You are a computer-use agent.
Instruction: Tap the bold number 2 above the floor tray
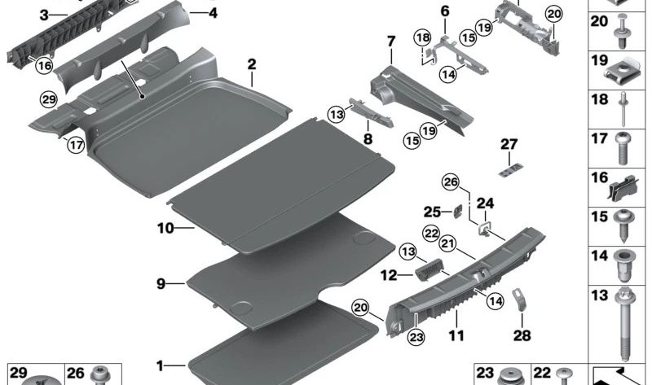tap(253, 64)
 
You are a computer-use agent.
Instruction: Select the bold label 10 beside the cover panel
tap(165, 229)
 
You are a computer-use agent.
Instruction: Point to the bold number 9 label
tap(161, 283)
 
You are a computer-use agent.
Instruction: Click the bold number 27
tap(509, 144)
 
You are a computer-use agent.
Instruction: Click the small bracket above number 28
tap(518, 299)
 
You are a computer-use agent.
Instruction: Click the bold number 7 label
tap(390, 40)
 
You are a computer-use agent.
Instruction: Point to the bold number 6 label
tap(444, 11)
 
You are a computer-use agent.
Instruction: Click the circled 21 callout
tap(447, 243)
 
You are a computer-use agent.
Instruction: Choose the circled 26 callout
tap(451, 182)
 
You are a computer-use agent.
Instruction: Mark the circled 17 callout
tap(76, 147)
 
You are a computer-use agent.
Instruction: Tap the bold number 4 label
tap(213, 13)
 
